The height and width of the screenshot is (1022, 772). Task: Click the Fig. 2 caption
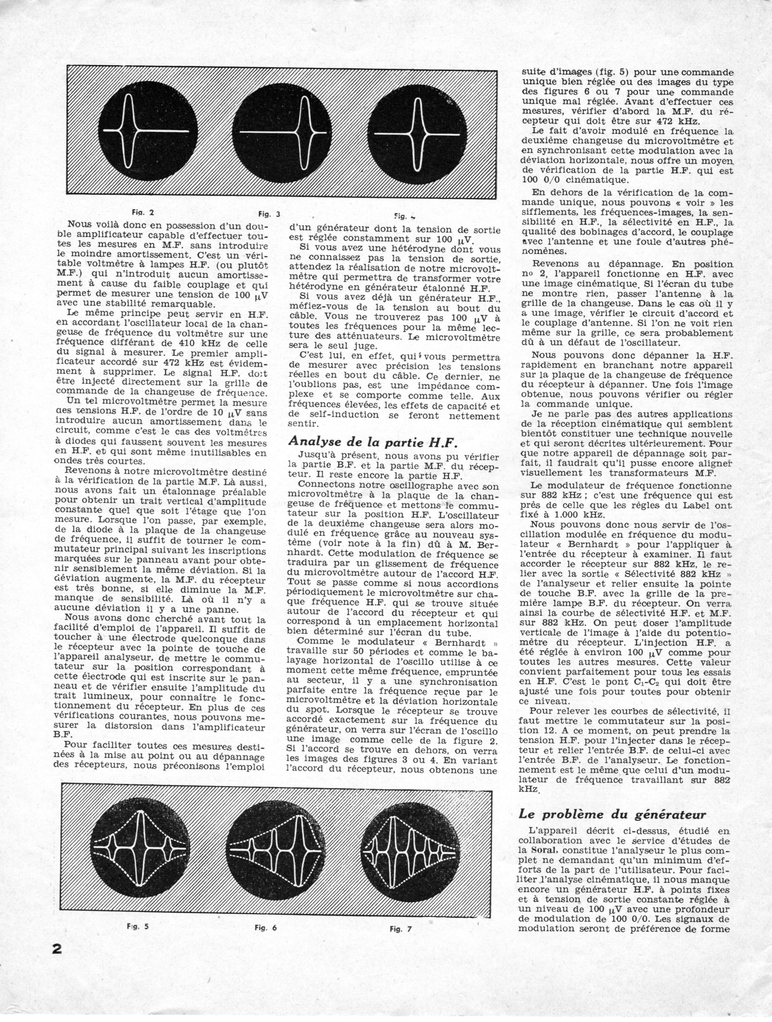coord(143,213)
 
